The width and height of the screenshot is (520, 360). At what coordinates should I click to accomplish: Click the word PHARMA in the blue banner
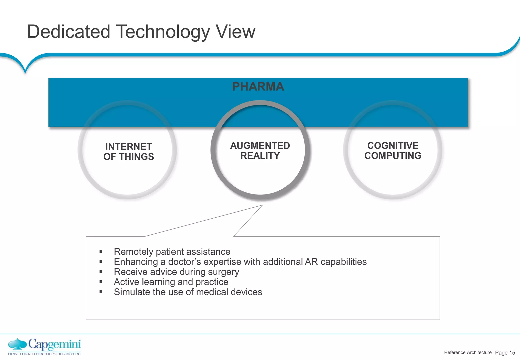point(258,87)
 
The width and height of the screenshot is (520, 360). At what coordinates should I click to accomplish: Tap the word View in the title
point(235,32)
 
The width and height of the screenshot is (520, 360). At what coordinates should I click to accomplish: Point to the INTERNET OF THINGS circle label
point(128,152)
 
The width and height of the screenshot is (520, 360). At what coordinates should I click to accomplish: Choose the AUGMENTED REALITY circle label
point(260,151)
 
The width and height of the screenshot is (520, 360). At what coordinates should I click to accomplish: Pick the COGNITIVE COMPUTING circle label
point(393,151)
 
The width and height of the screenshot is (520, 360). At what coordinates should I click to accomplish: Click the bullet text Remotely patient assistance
point(172,252)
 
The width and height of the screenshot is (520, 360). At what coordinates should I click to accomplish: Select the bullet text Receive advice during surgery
point(176,272)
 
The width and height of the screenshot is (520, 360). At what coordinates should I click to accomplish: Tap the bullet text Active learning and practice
point(171,282)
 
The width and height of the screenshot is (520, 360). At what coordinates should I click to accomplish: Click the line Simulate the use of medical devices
point(188,292)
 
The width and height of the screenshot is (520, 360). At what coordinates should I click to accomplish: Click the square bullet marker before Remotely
point(101,252)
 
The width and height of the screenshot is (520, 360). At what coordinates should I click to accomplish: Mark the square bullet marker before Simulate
point(101,292)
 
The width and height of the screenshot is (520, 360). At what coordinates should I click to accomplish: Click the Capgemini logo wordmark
point(55,345)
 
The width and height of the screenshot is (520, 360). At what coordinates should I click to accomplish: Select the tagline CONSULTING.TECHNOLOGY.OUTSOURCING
point(45,354)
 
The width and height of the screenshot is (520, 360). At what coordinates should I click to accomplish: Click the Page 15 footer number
point(505,353)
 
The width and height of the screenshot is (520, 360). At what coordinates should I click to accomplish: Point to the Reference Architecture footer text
point(468,352)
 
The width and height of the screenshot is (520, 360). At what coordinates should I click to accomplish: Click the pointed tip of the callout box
point(262,205)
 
